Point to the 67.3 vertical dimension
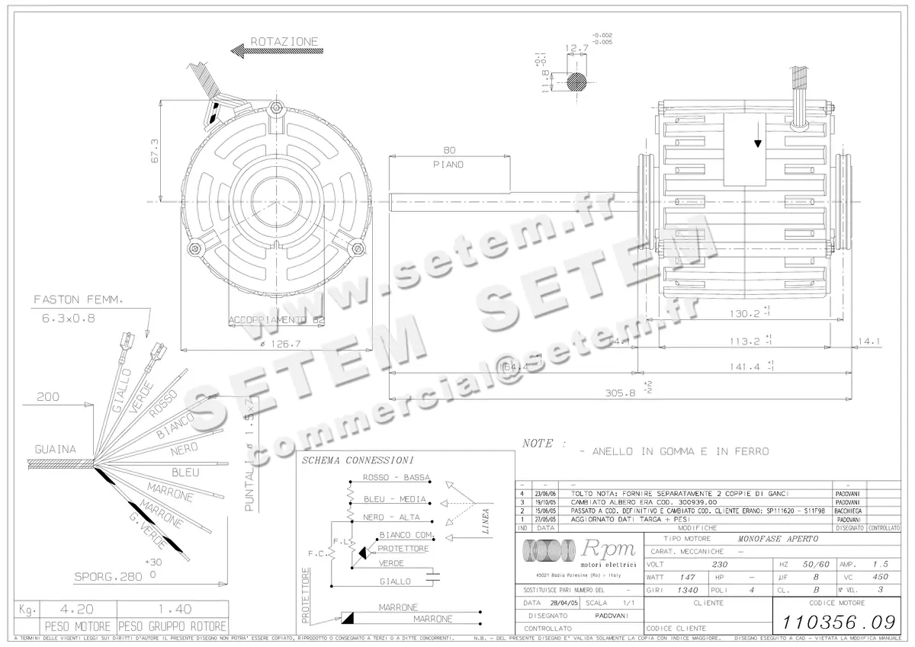154,150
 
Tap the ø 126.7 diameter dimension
279,344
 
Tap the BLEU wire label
185,472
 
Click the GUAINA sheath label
55,450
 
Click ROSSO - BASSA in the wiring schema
390,478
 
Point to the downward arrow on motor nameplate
758,144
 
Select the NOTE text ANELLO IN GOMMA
674,451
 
